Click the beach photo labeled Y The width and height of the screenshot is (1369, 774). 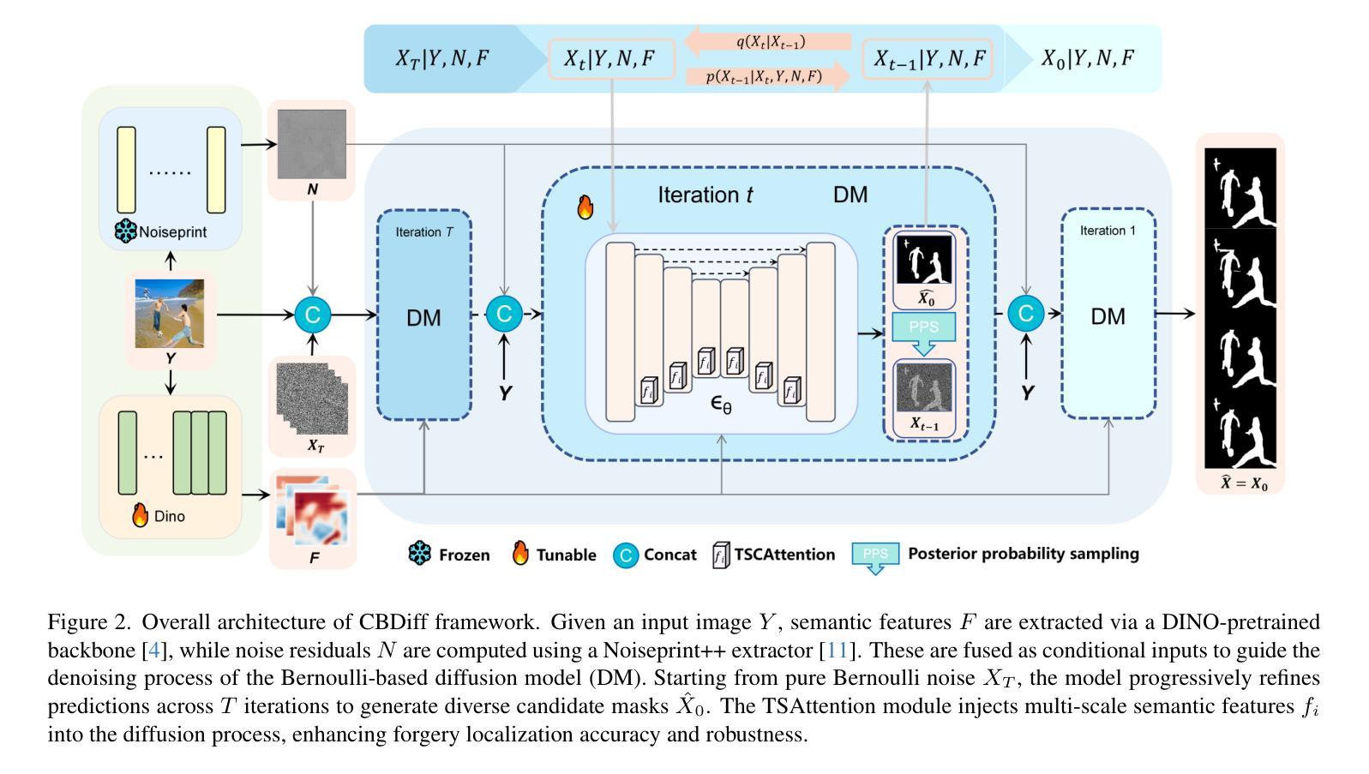(x=169, y=314)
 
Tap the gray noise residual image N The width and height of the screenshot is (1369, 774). (x=312, y=144)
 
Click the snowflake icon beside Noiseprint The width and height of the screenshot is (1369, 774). (x=125, y=231)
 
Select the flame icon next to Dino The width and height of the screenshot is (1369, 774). (x=140, y=515)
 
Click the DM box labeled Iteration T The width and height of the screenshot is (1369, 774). (x=424, y=315)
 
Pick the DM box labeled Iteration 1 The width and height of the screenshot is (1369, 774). (x=1108, y=314)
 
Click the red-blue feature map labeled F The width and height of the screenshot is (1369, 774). (x=313, y=511)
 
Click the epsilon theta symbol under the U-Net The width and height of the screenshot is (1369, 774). (x=721, y=405)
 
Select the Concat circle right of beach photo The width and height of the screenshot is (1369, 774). (x=313, y=315)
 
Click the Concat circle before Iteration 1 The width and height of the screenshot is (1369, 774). (x=1025, y=314)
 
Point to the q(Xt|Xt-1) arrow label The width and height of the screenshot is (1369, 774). (x=771, y=42)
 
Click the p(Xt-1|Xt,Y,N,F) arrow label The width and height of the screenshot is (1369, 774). (x=764, y=76)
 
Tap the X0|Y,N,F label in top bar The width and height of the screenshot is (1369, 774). (x=1088, y=58)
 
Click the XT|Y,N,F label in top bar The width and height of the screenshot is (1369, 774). (x=441, y=58)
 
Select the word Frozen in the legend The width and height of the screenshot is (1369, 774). (x=465, y=555)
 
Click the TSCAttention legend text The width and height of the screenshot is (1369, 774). (x=784, y=554)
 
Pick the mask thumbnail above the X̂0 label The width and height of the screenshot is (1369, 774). (x=923, y=260)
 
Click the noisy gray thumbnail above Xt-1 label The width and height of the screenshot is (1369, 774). (x=924, y=387)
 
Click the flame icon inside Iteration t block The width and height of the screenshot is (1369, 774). (x=585, y=207)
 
